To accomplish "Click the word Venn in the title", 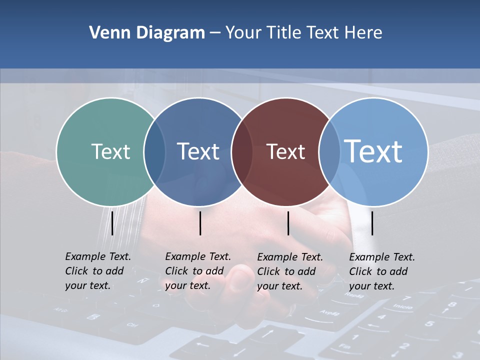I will (x=105, y=33).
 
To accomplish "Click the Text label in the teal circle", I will (x=110, y=151).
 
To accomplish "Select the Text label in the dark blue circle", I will (x=198, y=151).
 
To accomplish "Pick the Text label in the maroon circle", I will (x=286, y=151).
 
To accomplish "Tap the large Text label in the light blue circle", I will (x=373, y=151).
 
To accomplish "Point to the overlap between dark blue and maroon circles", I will (x=242, y=152).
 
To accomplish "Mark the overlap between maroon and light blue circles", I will (x=330, y=152).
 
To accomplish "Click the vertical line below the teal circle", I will (x=112, y=223).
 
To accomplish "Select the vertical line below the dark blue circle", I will (x=200, y=223).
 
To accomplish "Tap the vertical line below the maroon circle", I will (x=288, y=223).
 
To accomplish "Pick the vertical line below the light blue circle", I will (x=372, y=223).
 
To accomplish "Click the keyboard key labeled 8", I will (x=452, y=304).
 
